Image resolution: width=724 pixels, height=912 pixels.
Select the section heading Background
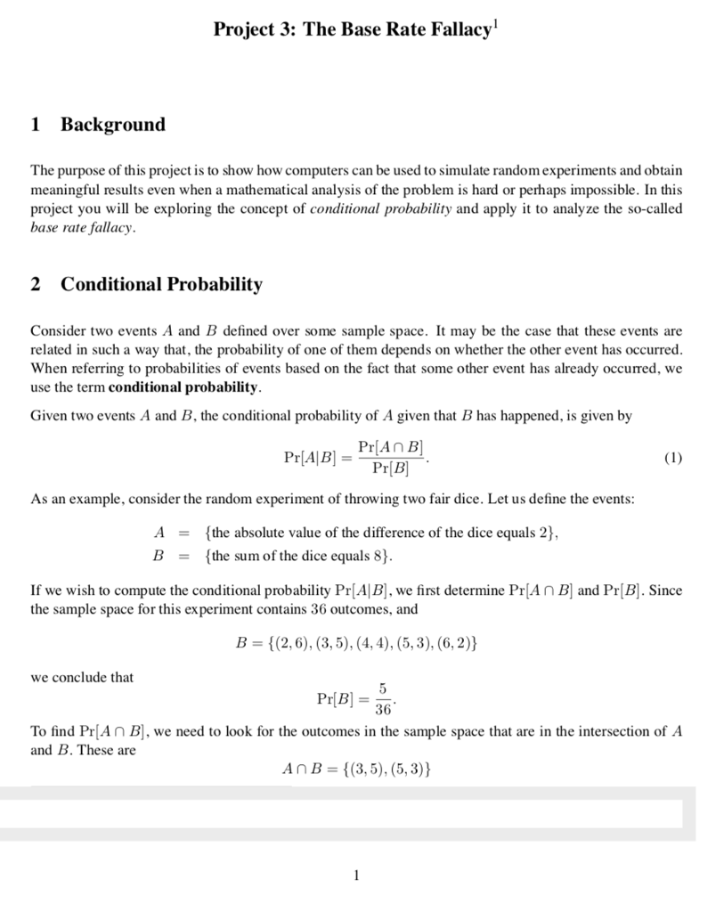point(113,124)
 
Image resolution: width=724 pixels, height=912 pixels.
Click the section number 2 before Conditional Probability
point(36,284)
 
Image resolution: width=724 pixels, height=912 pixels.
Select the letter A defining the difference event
point(160,533)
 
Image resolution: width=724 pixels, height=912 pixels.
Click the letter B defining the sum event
point(160,557)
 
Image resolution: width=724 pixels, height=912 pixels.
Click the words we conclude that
point(82,677)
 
